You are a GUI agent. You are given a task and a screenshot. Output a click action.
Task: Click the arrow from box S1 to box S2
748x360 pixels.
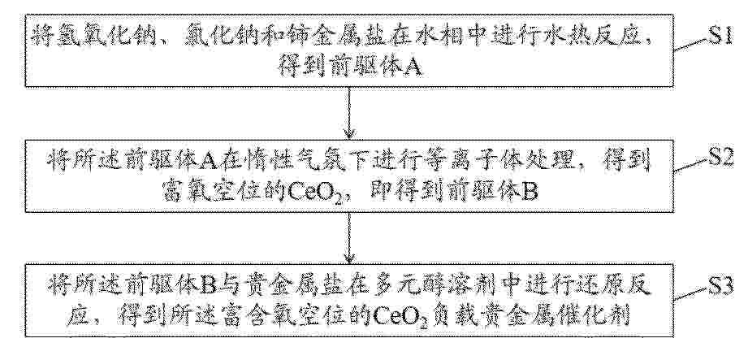[351, 113]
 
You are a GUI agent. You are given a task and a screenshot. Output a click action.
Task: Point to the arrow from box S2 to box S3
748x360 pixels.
[351, 237]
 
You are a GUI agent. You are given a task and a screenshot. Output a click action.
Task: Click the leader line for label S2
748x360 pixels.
[690, 165]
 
